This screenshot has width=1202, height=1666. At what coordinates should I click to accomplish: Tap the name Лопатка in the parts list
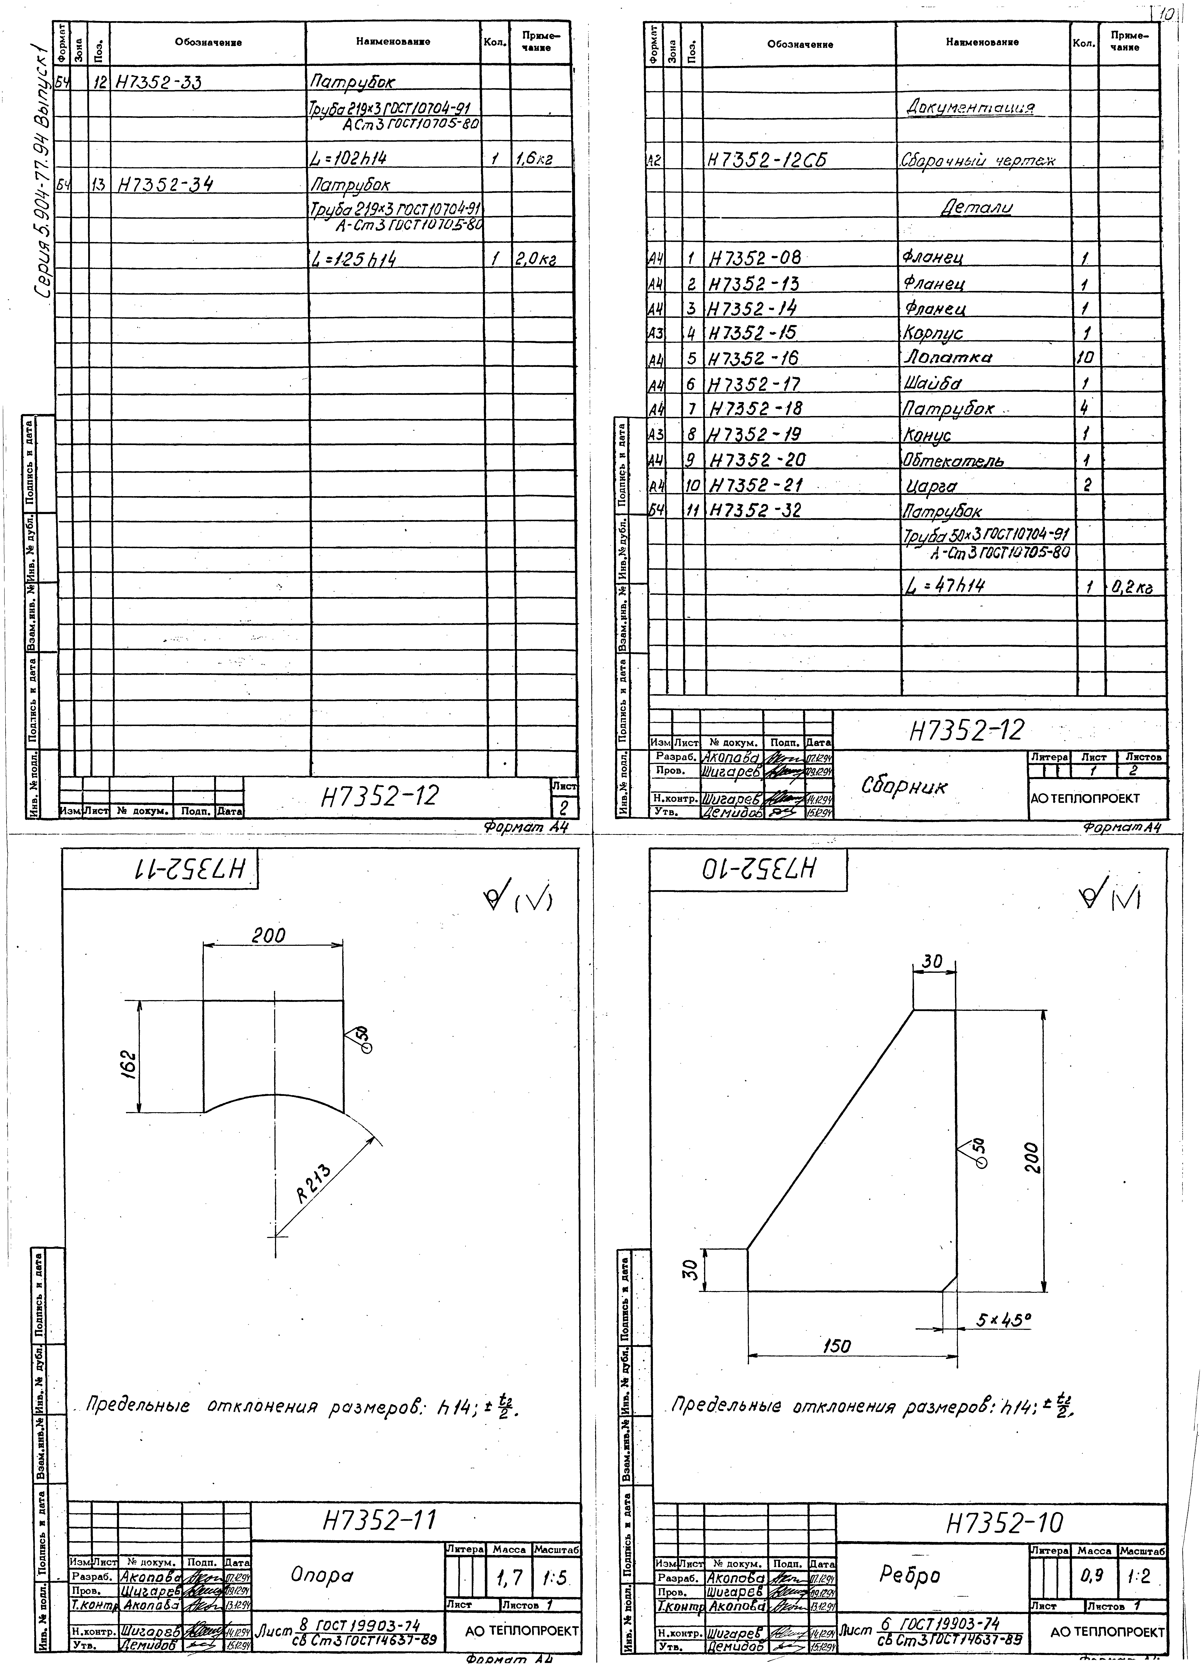pos(948,358)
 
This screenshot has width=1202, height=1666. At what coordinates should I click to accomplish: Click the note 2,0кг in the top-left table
pos(534,259)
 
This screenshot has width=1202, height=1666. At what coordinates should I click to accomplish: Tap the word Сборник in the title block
pos(904,786)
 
